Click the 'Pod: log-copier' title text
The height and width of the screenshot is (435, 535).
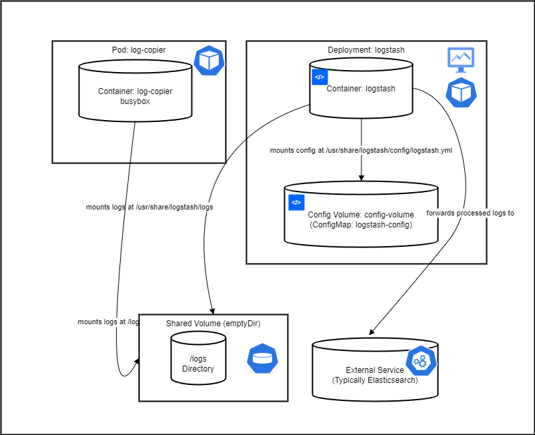tap(139, 51)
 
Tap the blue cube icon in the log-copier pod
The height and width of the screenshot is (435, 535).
tap(209, 61)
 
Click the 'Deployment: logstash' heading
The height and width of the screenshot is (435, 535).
tap(366, 51)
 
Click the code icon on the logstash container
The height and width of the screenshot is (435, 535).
tap(320, 77)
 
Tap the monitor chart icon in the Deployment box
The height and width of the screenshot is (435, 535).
tap(460, 60)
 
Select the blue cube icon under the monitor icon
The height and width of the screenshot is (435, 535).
tap(461, 93)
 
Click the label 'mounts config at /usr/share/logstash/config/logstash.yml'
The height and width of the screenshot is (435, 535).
tap(361, 150)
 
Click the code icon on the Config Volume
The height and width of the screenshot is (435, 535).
tap(296, 202)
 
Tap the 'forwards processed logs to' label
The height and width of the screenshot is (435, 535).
tap(470, 213)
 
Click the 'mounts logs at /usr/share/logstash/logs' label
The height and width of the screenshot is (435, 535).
tap(149, 207)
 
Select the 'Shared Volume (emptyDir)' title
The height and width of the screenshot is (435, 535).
tap(213, 324)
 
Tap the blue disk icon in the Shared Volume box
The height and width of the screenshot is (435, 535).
tap(262, 358)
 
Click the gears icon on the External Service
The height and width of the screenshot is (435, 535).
tap(420, 362)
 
